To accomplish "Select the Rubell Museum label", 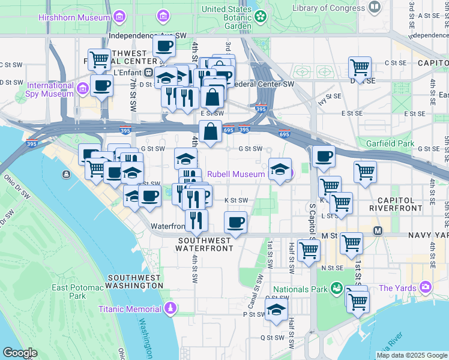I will pyautogui.click(x=236, y=174).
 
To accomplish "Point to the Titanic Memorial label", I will pyautogui.click(x=130, y=309).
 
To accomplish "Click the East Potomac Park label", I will pyautogui.click(x=69, y=292).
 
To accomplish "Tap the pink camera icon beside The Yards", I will pyautogui.click(x=426, y=287).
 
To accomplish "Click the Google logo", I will pyautogui.click(x=20, y=353).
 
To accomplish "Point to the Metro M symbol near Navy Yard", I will pyautogui.click(x=378, y=231).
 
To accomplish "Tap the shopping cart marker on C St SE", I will pyautogui.click(x=360, y=67).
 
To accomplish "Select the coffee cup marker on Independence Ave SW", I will pyautogui.click(x=163, y=46).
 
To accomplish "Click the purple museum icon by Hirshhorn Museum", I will pyautogui.click(x=119, y=14).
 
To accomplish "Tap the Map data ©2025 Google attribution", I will pyautogui.click(x=412, y=355).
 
